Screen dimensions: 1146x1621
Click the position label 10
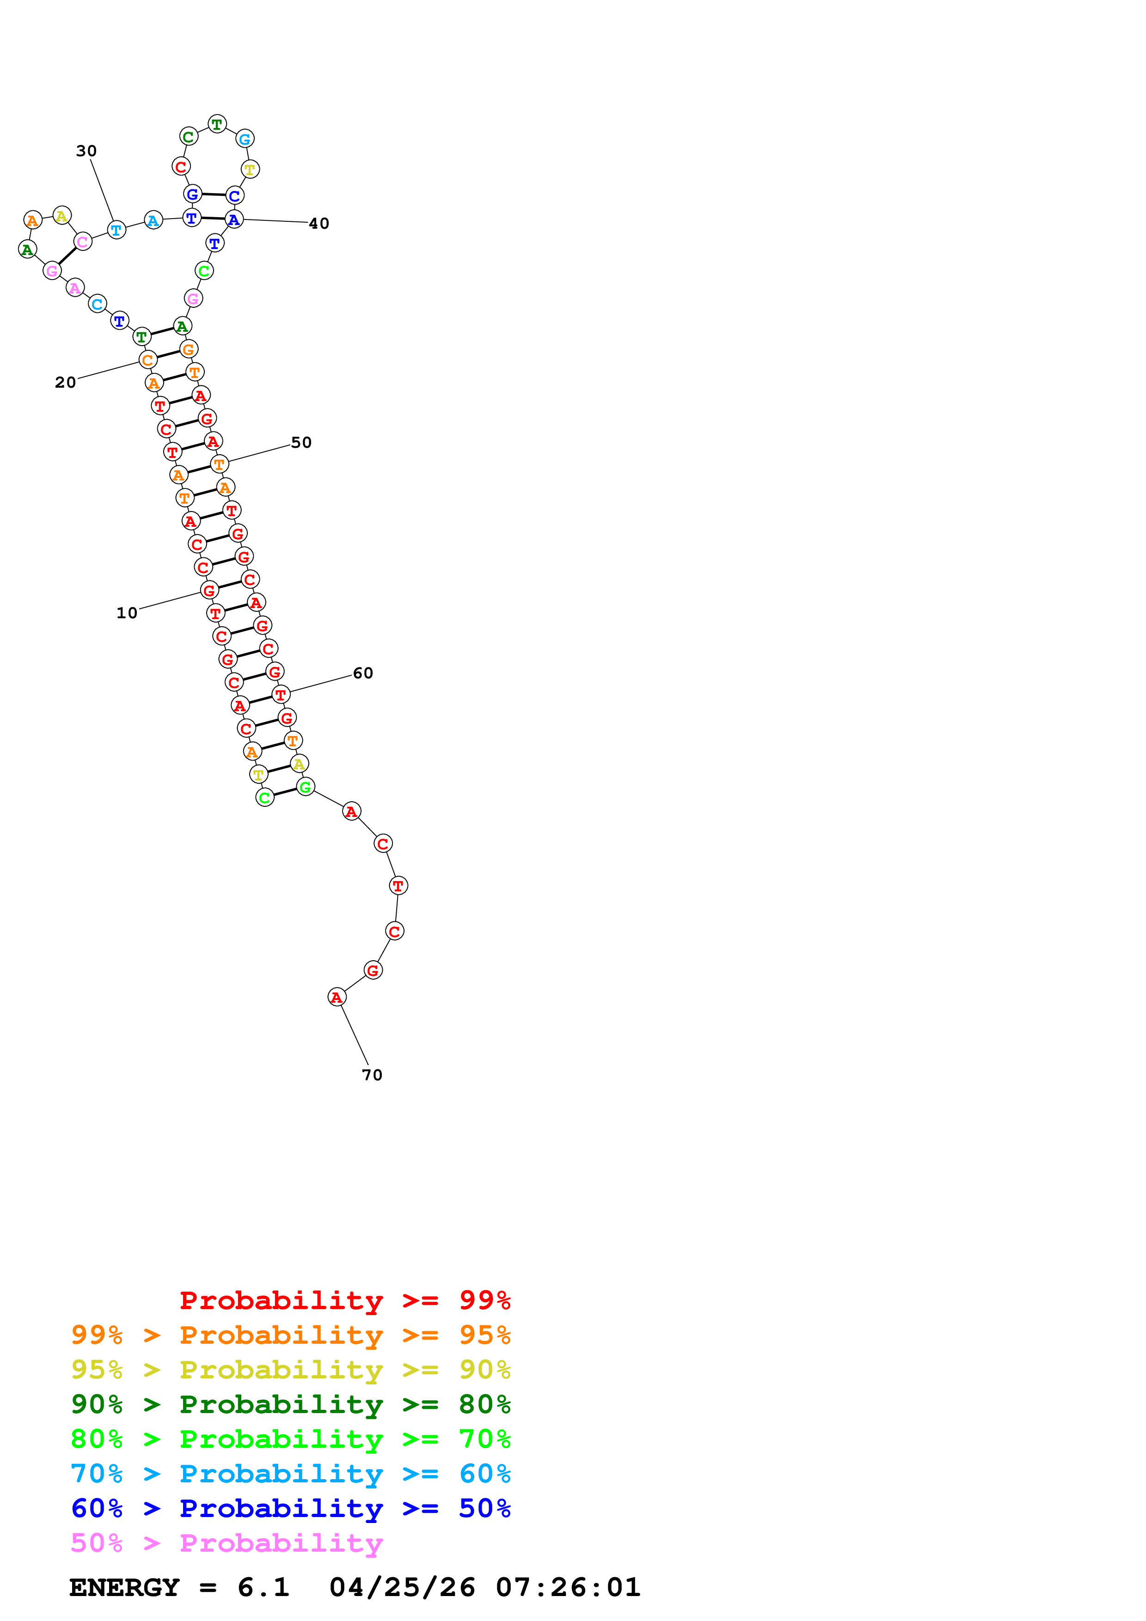click(127, 613)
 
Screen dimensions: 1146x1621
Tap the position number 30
click(86, 151)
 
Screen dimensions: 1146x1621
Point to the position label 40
click(319, 224)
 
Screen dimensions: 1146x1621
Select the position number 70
click(372, 1074)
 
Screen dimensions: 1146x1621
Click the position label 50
click(301, 443)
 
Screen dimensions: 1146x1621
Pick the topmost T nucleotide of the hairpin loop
click(217, 124)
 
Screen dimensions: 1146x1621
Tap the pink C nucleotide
click(83, 242)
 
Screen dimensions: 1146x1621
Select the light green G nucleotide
click(305, 786)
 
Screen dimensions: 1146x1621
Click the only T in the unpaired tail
click(398, 885)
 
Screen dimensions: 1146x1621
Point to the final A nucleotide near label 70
click(337, 997)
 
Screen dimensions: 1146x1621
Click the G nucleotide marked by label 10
click(209, 590)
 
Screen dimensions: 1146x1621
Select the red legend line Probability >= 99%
click(345, 1300)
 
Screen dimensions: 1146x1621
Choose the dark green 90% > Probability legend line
click(291, 1403)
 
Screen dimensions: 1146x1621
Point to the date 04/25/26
click(403, 1587)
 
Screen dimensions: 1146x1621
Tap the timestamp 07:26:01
click(569, 1587)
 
